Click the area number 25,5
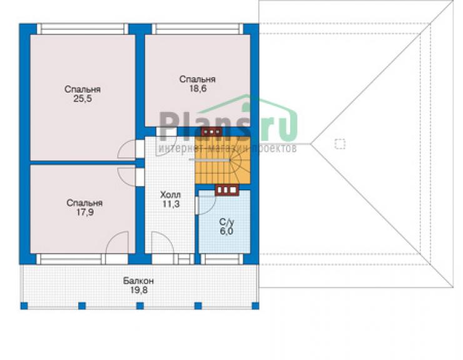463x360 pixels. tap(83, 99)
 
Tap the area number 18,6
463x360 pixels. tap(198, 88)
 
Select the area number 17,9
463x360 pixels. tap(84, 212)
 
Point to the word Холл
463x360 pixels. tap(170, 195)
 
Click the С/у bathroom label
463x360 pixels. tap(226, 222)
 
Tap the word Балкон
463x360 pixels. tap(138, 280)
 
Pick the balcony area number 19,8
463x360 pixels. tap(139, 290)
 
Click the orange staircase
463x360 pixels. tap(222, 160)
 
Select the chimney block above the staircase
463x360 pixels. tap(211, 131)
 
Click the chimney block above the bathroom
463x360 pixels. tap(226, 190)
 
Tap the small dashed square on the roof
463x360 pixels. tap(340, 144)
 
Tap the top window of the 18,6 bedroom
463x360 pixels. tap(197, 29)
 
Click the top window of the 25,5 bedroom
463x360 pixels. tap(83, 29)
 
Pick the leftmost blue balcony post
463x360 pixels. tap(24, 306)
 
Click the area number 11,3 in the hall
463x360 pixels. tap(171, 204)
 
